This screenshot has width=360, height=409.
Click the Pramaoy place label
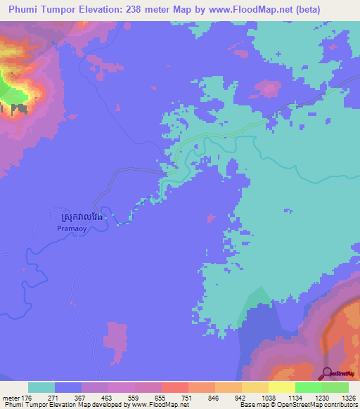tap(70, 228)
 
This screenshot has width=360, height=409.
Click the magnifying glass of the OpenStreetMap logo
tap(328, 372)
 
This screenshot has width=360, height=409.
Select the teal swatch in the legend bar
tap(41, 387)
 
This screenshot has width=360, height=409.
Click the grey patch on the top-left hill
tap(19, 110)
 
